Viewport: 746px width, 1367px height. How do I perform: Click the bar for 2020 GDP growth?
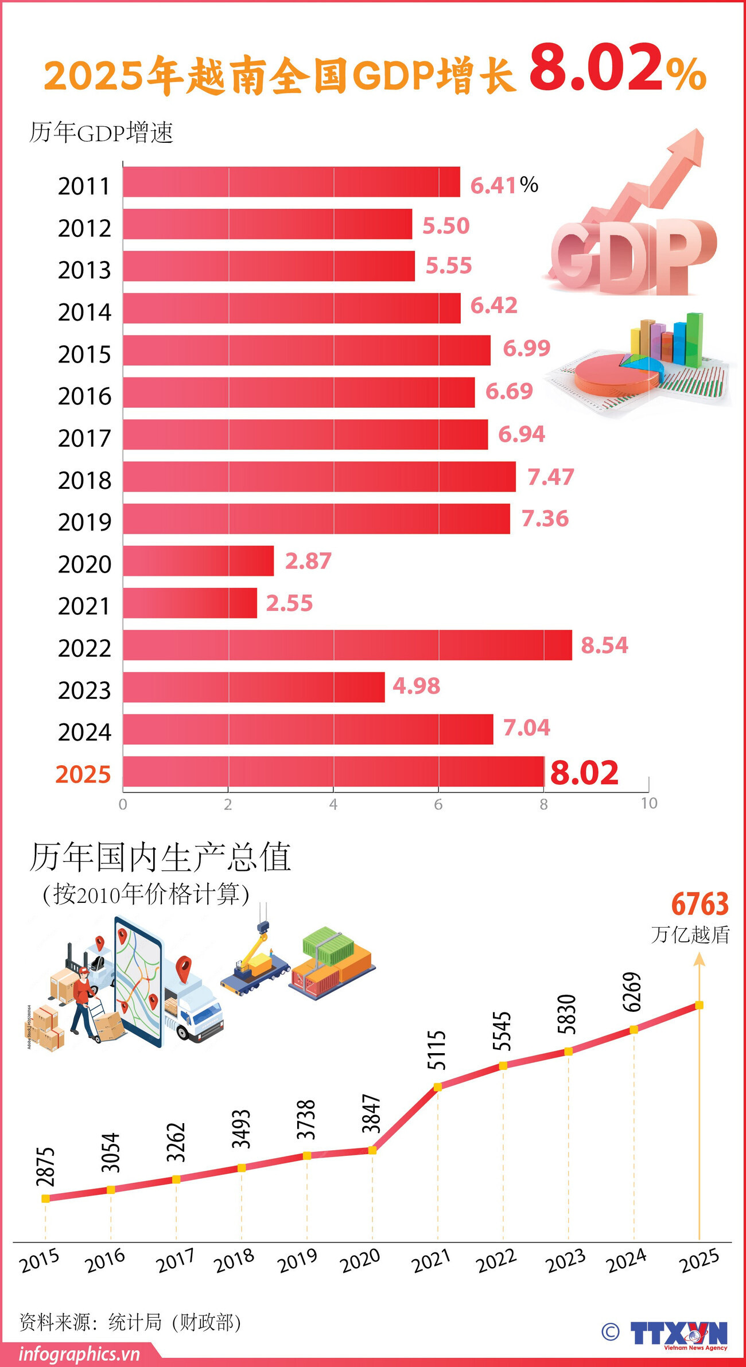pos(198,561)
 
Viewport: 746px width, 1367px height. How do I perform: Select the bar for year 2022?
pos(347,645)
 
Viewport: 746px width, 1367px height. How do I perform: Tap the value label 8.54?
pos(604,645)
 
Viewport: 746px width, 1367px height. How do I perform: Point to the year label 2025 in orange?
pos(83,774)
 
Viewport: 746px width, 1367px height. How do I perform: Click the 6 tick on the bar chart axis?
pos(438,804)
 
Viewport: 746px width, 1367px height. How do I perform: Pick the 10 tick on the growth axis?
pos(649,803)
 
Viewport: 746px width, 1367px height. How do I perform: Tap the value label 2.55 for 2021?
pos(289,603)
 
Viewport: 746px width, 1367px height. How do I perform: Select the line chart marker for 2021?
pos(437,1086)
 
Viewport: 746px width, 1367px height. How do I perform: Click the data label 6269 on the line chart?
pos(631,992)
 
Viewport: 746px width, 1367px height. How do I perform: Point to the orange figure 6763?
pos(700,905)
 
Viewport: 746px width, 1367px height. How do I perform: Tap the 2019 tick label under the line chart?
pos(297,1260)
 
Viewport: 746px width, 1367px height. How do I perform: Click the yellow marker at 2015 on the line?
pos(45,1198)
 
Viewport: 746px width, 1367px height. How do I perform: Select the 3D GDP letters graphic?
pos(631,255)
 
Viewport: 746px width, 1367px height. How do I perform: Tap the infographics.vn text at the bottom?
pos(79,1354)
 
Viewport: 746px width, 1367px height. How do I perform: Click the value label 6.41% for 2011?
pos(504,185)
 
